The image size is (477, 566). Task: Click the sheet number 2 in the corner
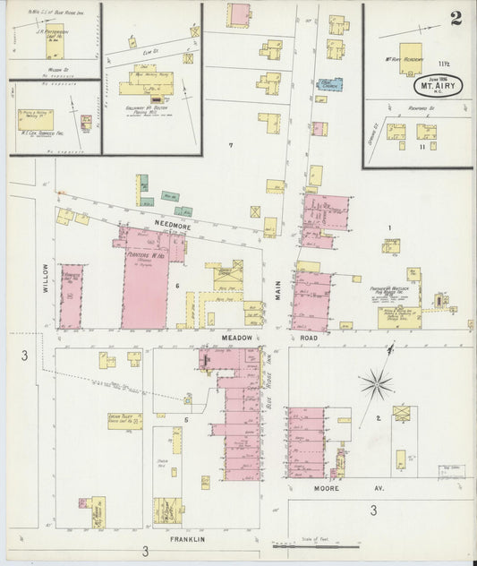point(456,19)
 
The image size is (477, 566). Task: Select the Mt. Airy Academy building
point(410,57)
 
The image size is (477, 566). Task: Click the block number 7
point(230,145)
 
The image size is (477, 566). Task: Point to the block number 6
point(178,286)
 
